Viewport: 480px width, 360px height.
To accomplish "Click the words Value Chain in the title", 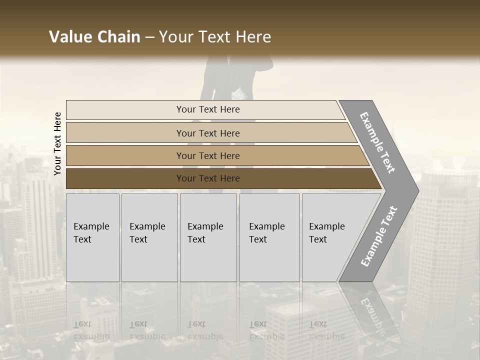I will tap(94, 37).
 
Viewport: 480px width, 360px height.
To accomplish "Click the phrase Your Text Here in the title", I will tap(215, 37).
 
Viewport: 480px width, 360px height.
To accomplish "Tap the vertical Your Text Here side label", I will tap(57, 143).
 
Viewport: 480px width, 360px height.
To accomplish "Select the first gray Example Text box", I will tap(92, 237).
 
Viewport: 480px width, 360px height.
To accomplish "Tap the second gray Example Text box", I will tap(149, 237).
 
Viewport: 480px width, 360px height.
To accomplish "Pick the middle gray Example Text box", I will tap(208, 237).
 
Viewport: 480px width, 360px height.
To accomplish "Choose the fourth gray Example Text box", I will tap(269, 237).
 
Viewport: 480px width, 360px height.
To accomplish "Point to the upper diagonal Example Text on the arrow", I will tap(377, 142).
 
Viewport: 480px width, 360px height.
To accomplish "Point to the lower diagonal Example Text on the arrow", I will tap(379, 236).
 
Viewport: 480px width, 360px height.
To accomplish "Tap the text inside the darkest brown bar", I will tap(208, 178).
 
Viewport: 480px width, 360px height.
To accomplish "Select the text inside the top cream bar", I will tap(208, 109).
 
